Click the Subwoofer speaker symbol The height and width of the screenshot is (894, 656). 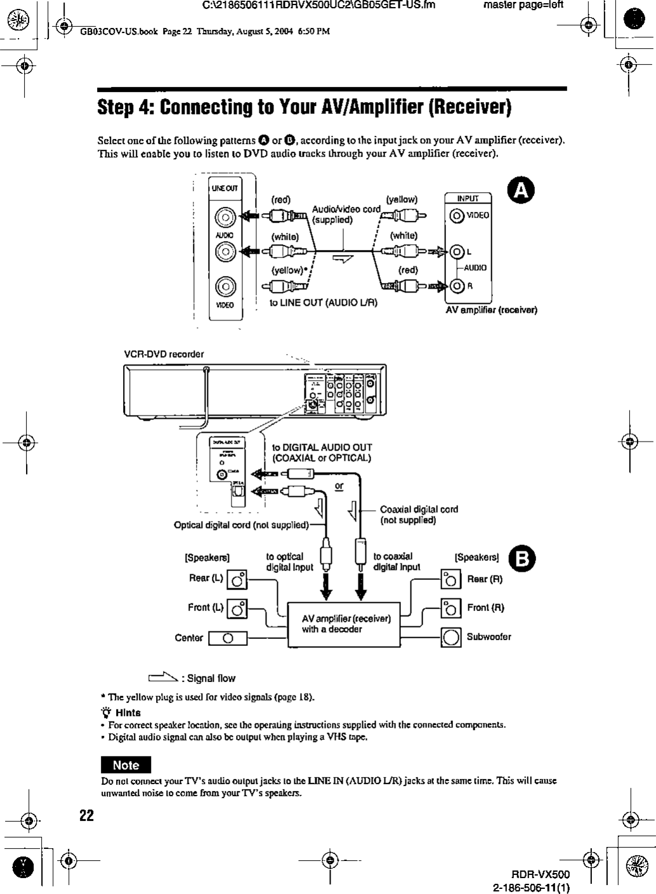click(451, 637)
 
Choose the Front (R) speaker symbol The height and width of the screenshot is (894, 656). click(451, 608)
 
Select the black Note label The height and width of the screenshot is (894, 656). click(126, 765)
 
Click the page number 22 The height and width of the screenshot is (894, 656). click(86, 815)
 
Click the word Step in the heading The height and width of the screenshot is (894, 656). click(118, 108)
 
